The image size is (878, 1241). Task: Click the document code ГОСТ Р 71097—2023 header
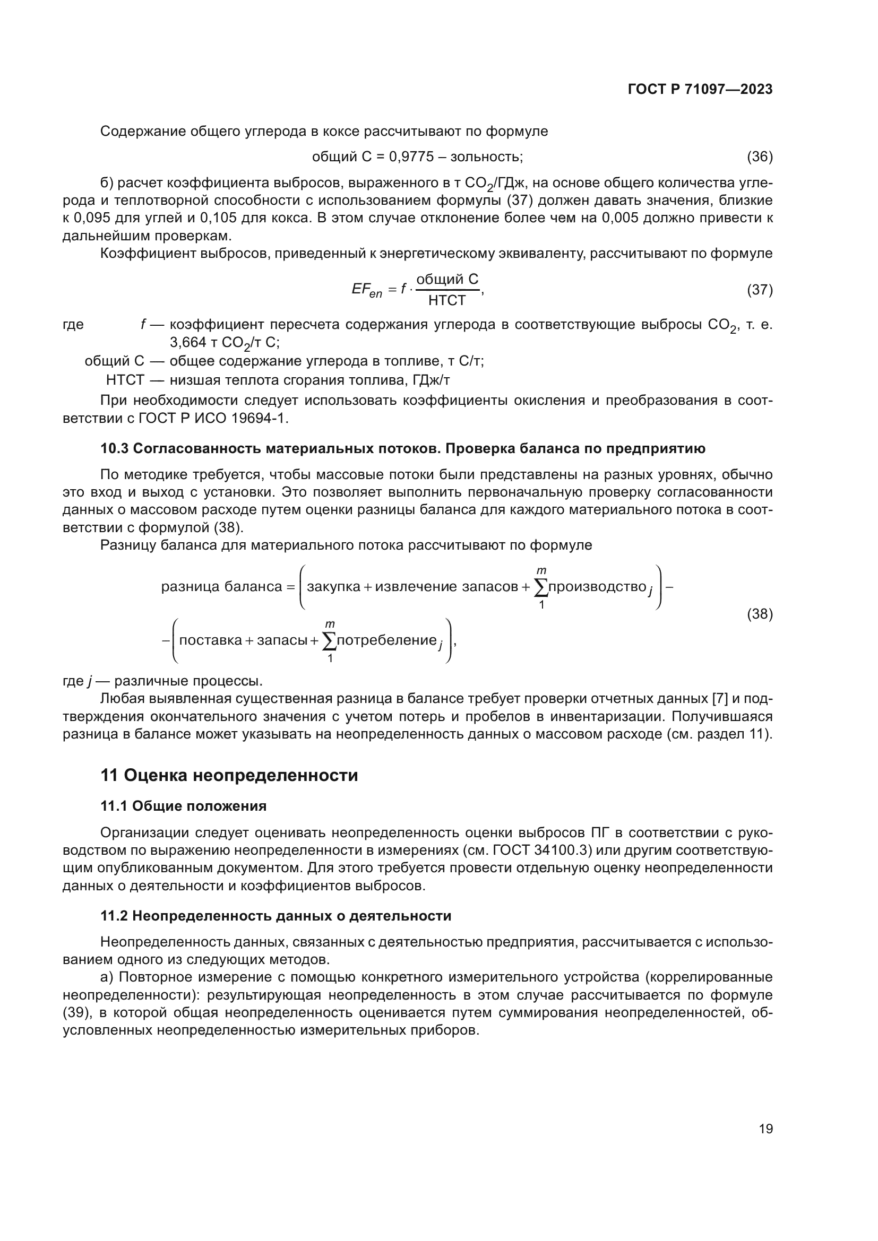[x=700, y=90]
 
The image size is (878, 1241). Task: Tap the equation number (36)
[x=760, y=157]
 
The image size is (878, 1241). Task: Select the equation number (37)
[x=760, y=290]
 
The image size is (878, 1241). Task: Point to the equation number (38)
[x=760, y=613]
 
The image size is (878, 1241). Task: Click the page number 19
[x=765, y=1129]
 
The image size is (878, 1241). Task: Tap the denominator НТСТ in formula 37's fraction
[x=446, y=300]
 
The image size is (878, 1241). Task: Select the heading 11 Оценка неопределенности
[x=229, y=775]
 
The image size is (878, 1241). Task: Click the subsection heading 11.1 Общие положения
[x=183, y=806]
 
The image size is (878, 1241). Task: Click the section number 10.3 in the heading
[x=114, y=449]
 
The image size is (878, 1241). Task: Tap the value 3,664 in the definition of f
[x=187, y=342]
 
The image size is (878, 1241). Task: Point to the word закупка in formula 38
[x=333, y=586]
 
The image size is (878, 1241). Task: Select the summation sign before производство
[x=540, y=587]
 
